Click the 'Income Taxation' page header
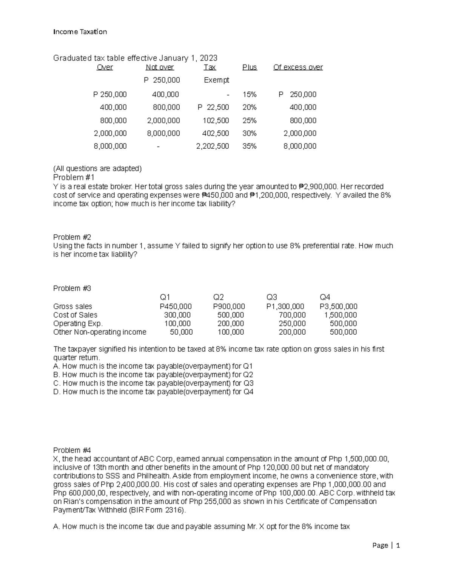[80, 32]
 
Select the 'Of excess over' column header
[298, 67]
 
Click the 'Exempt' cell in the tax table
[216, 80]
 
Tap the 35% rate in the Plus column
[249, 146]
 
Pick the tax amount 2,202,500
[213, 146]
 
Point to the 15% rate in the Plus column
[249, 94]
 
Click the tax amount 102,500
[216, 120]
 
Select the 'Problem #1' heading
[74, 177]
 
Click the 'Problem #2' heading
[72, 237]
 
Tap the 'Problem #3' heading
[72, 288]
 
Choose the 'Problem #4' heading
[72, 450]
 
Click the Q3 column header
[272, 297]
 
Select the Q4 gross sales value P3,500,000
[338, 306]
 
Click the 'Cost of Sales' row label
[75, 315]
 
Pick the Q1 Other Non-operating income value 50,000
[181, 332]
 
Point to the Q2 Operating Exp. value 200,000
[230, 323]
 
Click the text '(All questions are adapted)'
[97, 169]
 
